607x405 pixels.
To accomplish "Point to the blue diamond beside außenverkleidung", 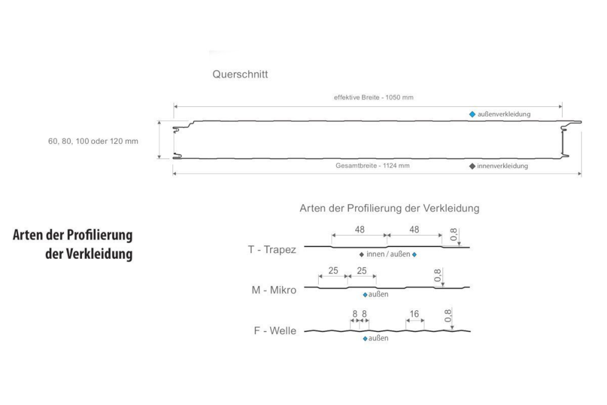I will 472,114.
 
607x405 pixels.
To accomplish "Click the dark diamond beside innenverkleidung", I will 472,166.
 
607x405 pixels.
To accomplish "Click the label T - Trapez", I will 272,250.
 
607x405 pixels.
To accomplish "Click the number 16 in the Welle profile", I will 415,314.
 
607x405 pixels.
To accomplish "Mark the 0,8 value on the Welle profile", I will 448,316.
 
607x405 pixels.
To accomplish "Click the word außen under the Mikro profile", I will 378,295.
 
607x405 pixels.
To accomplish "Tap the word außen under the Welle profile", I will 378,338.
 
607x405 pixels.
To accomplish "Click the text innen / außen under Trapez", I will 388,254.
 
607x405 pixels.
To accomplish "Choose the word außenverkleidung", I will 504,114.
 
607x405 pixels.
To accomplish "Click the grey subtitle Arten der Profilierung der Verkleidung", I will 390,208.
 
